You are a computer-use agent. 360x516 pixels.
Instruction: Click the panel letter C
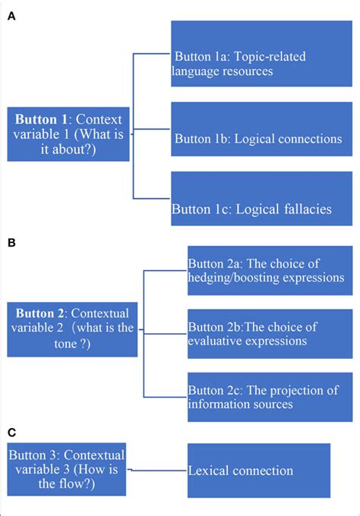(x=11, y=433)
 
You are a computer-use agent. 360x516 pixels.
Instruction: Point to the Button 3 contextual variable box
(x=67, y=469)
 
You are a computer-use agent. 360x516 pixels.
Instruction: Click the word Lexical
(x=208, y=471)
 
